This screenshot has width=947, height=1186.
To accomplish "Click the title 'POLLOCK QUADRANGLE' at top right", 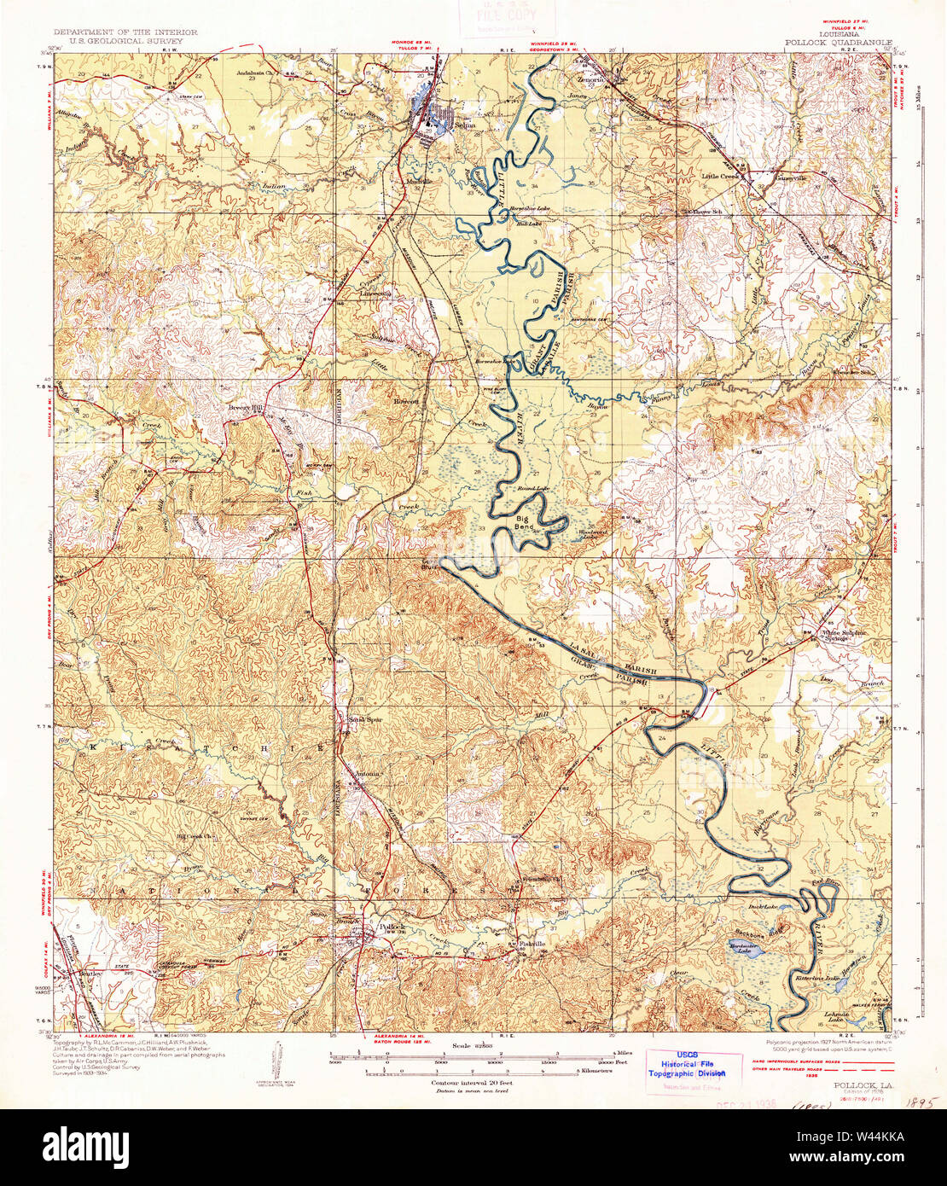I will (x=839, y=41).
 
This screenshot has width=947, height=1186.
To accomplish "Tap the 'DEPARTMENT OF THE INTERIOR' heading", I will (x=125, y=32).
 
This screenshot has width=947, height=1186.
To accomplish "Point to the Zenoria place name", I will (x=590, y=78).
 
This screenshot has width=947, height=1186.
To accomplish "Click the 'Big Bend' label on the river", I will (x=525, y=522).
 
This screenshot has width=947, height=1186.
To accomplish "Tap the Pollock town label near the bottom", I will (x=392, y=927).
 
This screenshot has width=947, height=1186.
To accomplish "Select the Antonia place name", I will (x=368, y=774).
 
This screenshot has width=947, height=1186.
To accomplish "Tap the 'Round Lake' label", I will (x=532, y=489).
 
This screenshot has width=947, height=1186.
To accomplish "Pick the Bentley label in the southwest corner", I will (x=90, y=973).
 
